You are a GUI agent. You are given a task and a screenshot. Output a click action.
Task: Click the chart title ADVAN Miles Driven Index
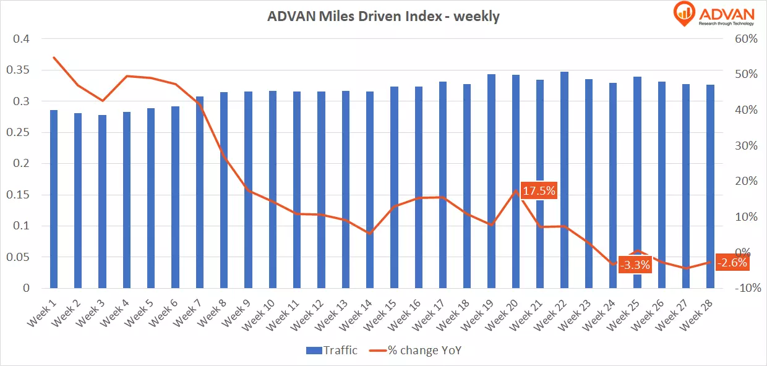[383, 17]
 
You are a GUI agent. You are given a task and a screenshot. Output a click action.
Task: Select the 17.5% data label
[539, 190]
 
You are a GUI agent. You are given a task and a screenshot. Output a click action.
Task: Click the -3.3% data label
[635, 265]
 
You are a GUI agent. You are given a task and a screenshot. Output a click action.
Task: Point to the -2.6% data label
[732, 262]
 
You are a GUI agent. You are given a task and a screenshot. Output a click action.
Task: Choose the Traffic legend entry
[332, 351]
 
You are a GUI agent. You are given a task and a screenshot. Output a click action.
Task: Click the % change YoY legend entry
[416, 351]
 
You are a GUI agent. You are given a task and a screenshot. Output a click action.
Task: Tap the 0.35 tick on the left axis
[16, 70]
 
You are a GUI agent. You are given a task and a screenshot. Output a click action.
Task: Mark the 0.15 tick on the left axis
[16, 195]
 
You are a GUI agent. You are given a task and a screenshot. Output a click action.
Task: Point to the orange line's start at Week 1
[54, 57]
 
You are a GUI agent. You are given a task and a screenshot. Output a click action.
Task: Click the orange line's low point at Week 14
[370, 234]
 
